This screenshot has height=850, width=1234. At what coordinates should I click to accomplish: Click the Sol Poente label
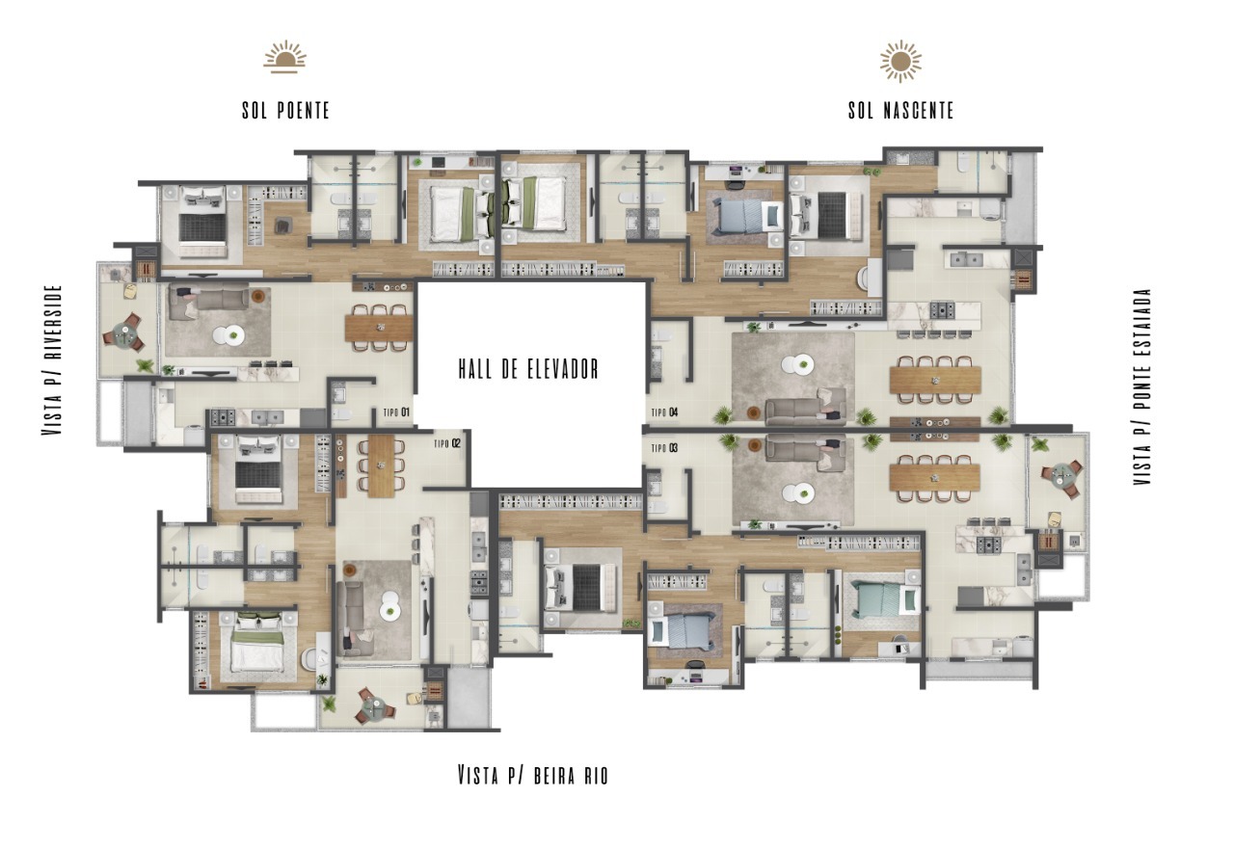point(286,110)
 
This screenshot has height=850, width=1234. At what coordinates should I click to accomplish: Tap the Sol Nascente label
point(900,110)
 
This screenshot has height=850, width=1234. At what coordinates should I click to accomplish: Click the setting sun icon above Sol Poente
point(284,56)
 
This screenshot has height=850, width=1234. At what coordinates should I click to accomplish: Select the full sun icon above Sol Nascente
point(900,61)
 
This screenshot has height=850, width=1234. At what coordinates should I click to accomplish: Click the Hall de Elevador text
point(528,368)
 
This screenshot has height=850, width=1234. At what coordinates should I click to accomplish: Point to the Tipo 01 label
point(396,412)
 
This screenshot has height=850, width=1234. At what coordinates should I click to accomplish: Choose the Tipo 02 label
point(447,443)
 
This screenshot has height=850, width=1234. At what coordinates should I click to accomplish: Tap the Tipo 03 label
point(665,448)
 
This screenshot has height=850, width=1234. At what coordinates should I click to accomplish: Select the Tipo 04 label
point(665,412)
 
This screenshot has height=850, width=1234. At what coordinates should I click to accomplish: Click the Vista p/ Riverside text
point(52,360)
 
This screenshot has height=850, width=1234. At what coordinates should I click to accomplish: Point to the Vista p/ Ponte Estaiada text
point(1142,386)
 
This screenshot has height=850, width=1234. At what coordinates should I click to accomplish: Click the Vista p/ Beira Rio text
point(533,775)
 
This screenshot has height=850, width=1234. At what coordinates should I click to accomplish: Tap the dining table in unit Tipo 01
point(379,328)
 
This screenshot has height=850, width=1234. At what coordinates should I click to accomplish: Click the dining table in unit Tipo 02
point(381,466)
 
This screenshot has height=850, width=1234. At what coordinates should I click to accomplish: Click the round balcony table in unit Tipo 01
point(124,333)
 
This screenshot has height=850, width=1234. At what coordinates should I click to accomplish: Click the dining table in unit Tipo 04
point(935,380)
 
